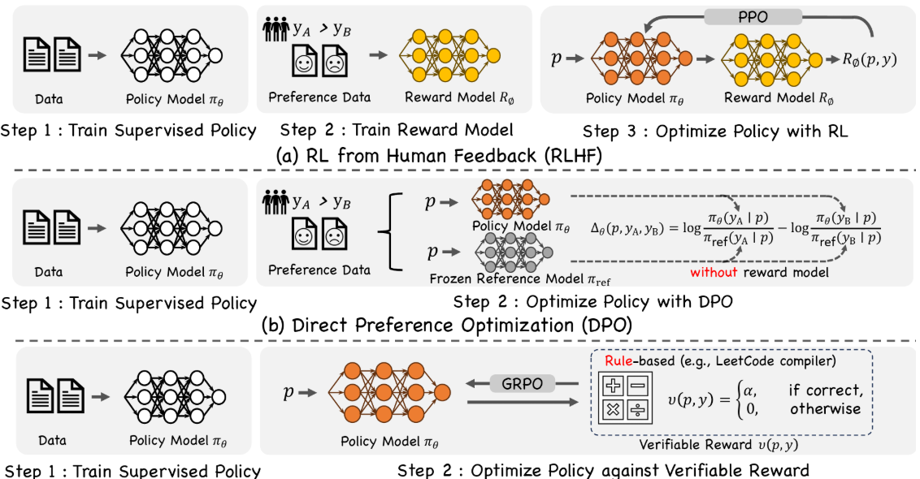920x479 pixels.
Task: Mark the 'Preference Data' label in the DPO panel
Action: click(x=319, y=270)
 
